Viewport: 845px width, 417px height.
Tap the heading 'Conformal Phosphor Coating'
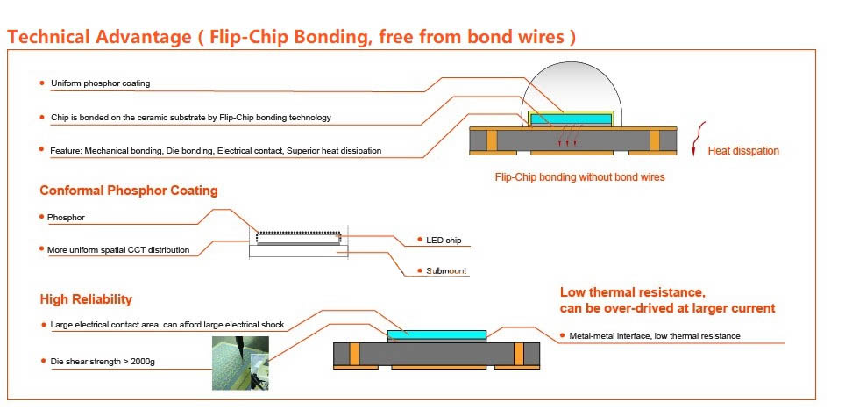128,191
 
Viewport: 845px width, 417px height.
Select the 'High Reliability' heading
86,299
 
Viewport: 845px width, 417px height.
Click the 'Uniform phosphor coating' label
100,83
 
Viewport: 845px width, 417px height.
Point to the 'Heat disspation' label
743,151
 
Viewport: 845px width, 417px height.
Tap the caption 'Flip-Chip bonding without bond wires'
579,177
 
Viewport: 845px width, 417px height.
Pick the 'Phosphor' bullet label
67,216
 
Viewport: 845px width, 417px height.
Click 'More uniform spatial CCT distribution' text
118,250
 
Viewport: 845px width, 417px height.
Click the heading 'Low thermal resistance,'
632,292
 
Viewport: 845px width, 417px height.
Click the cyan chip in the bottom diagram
437,336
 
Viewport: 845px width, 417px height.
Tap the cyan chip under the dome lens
571,118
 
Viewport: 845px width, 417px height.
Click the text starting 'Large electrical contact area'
167,325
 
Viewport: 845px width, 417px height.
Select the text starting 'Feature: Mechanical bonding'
216,151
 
